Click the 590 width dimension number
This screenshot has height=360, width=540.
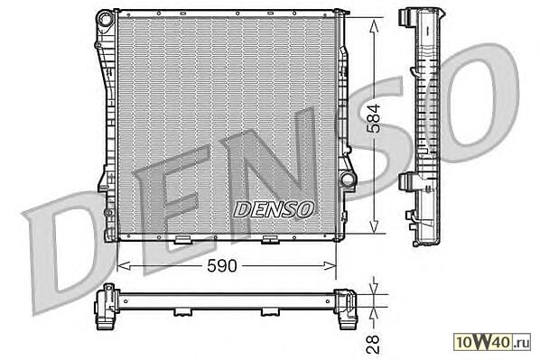coord(222,265)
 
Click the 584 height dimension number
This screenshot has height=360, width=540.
coord(374,118)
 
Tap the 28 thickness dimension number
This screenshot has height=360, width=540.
coord(373,344)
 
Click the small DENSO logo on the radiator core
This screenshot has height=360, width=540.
coord(274,209)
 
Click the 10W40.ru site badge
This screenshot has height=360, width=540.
coord(492,342)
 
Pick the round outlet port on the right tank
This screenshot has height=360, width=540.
coord(348,180)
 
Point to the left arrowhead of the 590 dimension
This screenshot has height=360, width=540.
coord(124,265)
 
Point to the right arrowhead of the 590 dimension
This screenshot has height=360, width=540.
coord(330,265)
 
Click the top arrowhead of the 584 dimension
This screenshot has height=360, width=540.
coord(374,26)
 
